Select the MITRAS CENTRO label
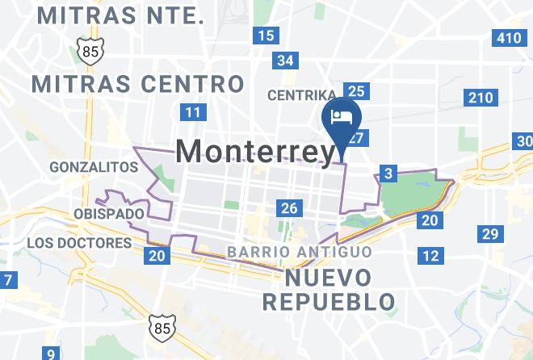point(137,84)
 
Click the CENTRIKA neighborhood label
point(302,96)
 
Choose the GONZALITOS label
point(94,167)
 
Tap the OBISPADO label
point(109,214)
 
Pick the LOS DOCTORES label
point(79,243)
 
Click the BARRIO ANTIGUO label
point(300,252)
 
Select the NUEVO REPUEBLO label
point(329,291)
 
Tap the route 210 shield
point(479,98)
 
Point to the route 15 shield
point(266,35)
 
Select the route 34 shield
point(285,61)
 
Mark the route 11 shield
point(192,112)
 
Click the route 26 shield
point(288,208)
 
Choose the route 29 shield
point(489,234)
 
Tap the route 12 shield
point(431,256)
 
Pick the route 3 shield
point(388,174)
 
